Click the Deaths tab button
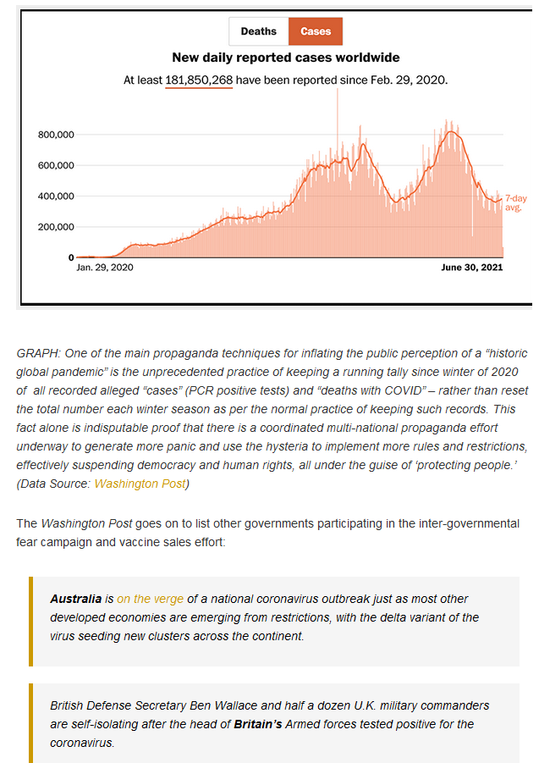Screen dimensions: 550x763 (x=259, y=31)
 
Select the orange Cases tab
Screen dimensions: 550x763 (x=316, y=31)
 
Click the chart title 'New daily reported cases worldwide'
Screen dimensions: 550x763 (x=286, y=58)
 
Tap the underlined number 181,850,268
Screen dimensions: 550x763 (x=199, y=80)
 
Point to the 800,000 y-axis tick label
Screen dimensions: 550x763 (x=56, y=135)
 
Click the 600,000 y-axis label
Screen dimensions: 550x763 (x=56, y=165)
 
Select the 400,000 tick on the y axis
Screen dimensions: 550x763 (x=56, y=196)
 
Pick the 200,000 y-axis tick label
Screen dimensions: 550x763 (x=56, y=227)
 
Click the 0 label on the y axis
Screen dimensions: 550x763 (x=71, y=257)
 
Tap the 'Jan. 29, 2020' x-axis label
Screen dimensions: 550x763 (x=105, y=267)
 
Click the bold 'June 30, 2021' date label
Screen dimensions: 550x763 (x=471, y=267)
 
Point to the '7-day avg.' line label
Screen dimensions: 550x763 (x=516, y=203)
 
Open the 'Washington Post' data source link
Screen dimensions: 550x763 (x=140, y=484)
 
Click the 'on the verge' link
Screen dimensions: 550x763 (x=151, y=599)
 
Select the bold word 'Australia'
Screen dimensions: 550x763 (x=76, y=599)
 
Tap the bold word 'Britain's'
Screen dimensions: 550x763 (x=258, y=724)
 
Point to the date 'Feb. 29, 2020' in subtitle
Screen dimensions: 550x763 (x=409, y=80)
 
